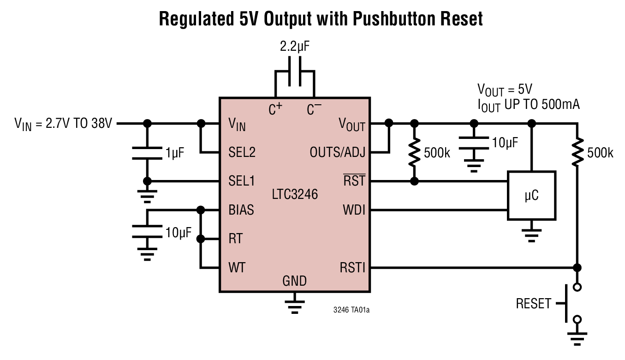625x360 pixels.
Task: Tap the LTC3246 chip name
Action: pos(295,194)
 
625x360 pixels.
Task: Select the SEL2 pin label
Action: pos(242,152)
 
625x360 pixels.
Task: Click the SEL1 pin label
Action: pos(241,181)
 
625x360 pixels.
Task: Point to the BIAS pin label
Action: pos(241,210)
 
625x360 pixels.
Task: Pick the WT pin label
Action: pos(237,267)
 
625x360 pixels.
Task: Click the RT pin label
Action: pos(235,239)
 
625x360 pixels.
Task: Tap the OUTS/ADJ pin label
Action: pos(337,152)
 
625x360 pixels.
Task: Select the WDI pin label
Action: pos(353,210)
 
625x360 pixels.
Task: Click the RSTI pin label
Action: pos(352,267)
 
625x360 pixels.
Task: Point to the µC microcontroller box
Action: pos(531,196)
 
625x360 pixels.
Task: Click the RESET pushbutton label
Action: pos(533,304)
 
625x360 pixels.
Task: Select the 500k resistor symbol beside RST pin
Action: pos(414,152)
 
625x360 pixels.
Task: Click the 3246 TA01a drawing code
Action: pos(351,310)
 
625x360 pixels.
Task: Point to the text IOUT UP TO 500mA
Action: pos(528,105)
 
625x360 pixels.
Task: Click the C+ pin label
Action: pos(275,110)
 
